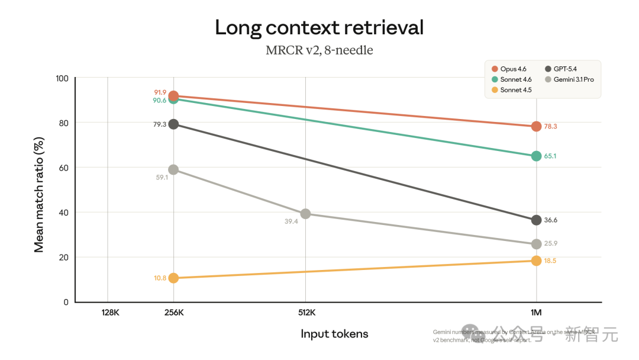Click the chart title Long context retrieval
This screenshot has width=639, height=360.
tap(319, 27)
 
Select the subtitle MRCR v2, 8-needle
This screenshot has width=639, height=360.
tap(319, 50)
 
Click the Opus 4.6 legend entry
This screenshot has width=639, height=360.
tap(512, 69)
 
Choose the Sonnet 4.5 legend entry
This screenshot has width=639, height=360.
tap(515, 90)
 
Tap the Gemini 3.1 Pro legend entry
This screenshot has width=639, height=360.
tap(573, 79)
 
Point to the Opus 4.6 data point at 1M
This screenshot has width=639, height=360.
tap(536, 126)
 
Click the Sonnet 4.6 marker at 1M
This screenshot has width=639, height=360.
tap(536, 156)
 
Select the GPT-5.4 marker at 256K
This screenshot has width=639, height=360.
tap(173, 124)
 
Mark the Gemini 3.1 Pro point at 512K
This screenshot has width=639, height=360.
tap(305, 214)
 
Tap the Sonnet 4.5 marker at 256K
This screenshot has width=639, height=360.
tap(173, 278)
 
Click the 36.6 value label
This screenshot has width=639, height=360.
tap(550, 220)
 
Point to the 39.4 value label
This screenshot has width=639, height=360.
tap(291, 221)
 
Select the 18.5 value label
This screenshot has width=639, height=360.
tap(550, 261)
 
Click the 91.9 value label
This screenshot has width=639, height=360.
tap(160, 92)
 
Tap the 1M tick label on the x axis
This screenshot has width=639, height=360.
tap(536, 313)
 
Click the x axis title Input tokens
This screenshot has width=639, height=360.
tap(334, 334)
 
